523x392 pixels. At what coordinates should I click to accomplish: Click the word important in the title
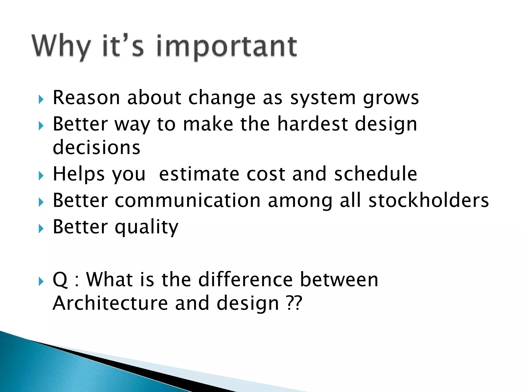(227, 47)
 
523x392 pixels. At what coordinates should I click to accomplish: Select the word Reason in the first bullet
(86, 97)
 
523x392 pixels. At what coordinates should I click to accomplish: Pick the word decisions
(97, 148)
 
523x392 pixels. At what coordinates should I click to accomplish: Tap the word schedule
(376, 174)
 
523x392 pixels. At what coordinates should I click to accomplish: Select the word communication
(187, 200)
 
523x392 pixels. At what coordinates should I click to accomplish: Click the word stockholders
(429, 200)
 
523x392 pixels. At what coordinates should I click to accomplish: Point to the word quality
(146, 227)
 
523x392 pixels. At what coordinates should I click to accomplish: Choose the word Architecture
(110, 303)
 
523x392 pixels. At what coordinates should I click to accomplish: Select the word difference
(245, 279)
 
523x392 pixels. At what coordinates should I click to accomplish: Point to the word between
(339, 279)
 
